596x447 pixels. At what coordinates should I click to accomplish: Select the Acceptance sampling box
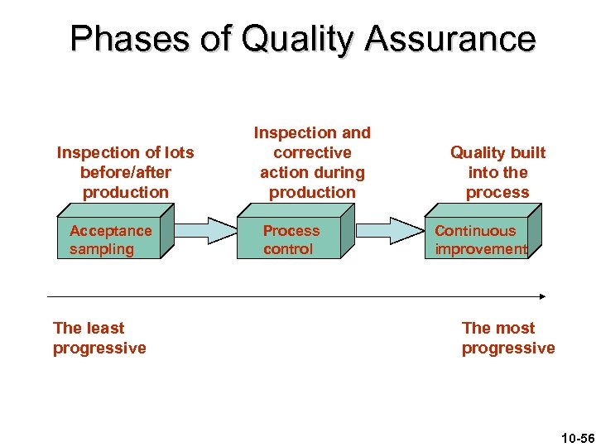tap(111, 240)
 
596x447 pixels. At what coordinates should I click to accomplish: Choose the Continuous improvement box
tap(480, 240)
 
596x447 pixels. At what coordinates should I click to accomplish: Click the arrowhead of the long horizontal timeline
tap(542, 296)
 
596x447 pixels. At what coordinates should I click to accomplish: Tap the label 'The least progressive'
tap(99, 338)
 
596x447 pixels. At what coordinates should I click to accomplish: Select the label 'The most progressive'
tap(507, 338)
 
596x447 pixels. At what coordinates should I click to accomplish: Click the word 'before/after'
tap(125, 172)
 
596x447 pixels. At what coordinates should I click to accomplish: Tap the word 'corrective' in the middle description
tap(312, 152)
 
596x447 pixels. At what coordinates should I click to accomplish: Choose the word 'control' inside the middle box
tap(288, 249)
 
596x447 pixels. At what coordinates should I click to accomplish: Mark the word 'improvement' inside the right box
tap(480, 249)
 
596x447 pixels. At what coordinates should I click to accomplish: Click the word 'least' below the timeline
tap(103, 328)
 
